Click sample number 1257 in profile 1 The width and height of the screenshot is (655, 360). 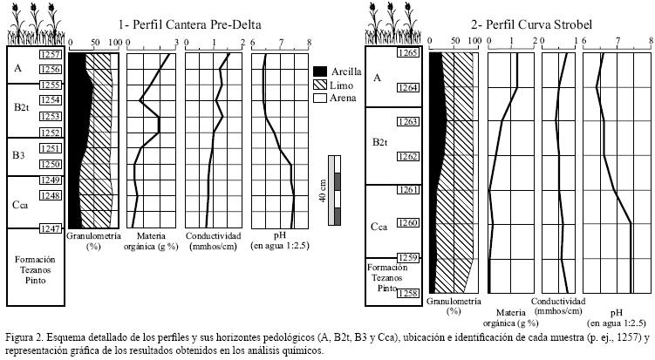pyautogui.click(x=51, y=55)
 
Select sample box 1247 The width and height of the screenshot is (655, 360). pyautogui.click(x=51, y=228)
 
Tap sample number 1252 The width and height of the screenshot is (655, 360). pyautogui.click(x=51, y=132)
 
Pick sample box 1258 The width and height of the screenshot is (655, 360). pyautogui.click(x=406, y=294)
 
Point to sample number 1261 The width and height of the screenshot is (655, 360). pyautogui.click(x=406, y=190)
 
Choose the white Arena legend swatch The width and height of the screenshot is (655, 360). pyautogui.click(x=320, y=98)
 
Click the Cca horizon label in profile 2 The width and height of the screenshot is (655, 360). pyautogui.click(x=379, y=227)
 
